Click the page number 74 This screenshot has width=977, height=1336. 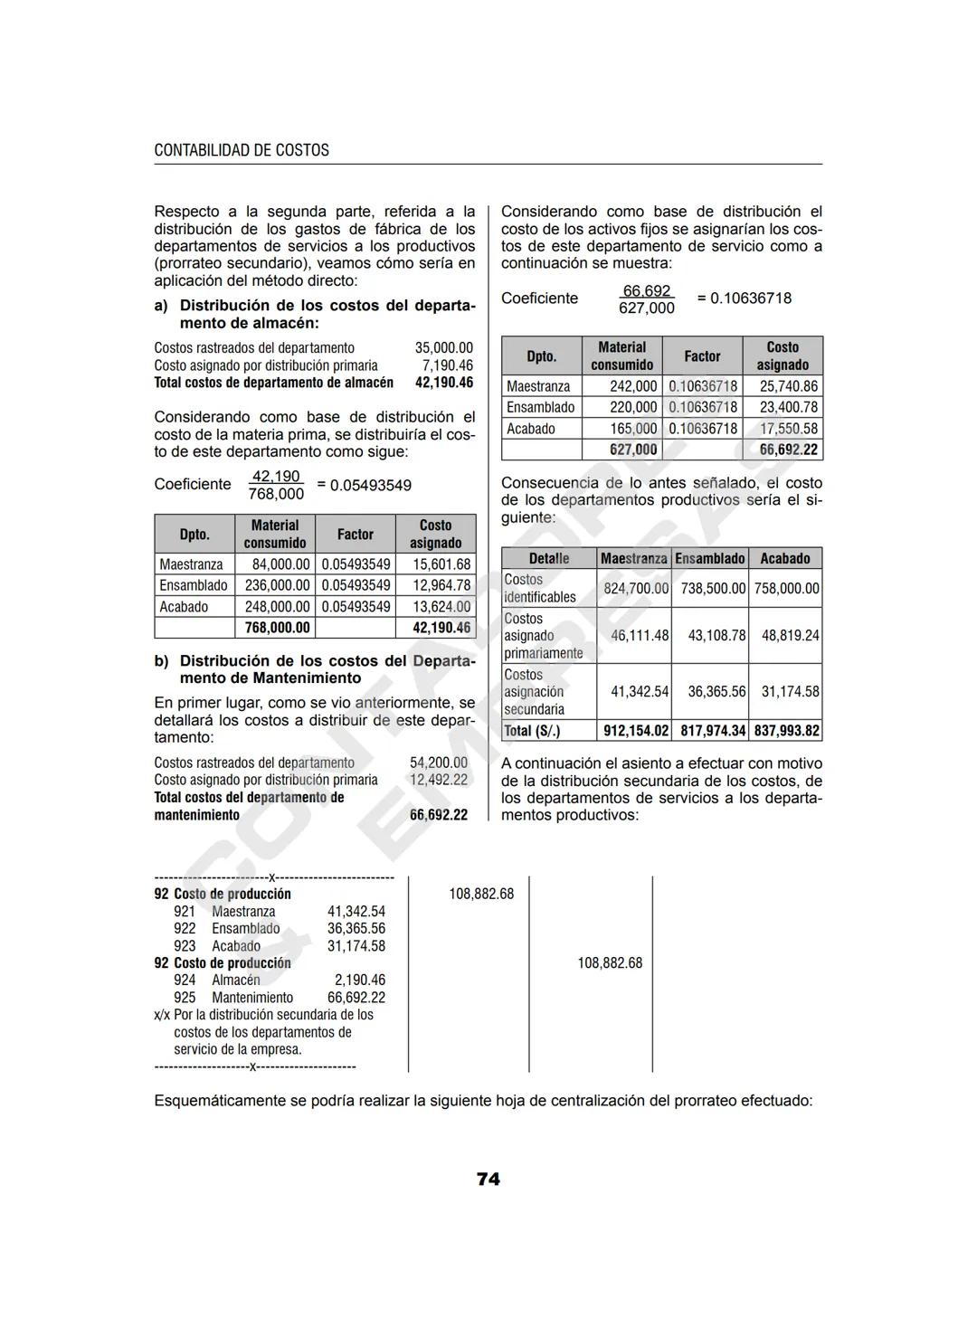(488, 1179)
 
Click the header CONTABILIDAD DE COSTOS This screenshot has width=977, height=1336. (242, 150)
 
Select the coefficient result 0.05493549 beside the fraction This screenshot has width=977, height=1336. (371, 486)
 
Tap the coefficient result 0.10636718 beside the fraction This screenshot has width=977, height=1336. (750, 298)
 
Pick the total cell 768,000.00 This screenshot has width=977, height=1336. (277, 628)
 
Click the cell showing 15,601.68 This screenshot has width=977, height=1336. (441, 564)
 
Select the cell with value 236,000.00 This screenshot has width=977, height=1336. (277, 585)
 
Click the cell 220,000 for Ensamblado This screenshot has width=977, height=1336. (633, 407)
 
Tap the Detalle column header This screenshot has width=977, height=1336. (549, 559)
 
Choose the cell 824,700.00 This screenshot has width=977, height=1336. (636, 589)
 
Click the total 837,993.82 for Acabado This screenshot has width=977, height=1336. (786, 731)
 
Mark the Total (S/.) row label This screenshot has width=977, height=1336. (532, 731)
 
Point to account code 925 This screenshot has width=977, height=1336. (185, 998)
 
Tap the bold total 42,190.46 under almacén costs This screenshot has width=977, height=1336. (443, 383)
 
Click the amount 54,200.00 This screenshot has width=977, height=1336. (439, 763)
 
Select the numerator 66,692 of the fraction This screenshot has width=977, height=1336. (646, 290)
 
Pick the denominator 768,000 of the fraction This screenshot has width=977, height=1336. (276, 494)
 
